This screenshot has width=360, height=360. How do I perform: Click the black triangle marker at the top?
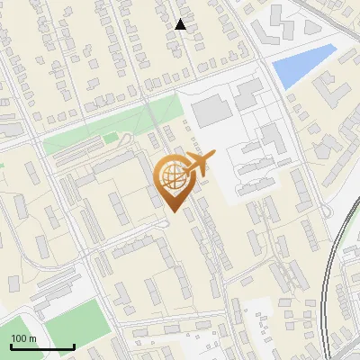(181, 24)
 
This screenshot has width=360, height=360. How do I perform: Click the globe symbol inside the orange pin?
(171, 177)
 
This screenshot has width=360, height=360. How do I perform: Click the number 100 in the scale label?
(20, 338)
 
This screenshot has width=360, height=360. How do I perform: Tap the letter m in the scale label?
(32, 338)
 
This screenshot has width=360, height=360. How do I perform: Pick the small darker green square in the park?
(111, 138)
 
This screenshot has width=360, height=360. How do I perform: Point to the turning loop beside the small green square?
(125, 139)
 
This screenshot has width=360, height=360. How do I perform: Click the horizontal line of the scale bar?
(42, 346)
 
